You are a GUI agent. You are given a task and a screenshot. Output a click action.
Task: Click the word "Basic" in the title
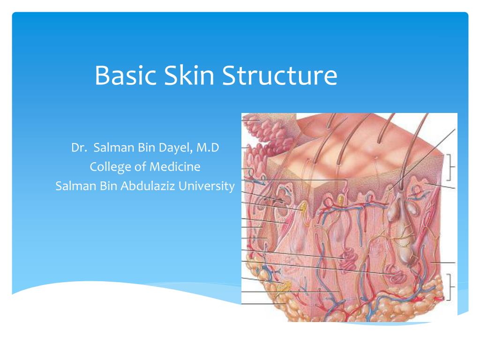pos(125,76)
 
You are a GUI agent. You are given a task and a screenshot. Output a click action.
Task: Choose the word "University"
pos(207,186)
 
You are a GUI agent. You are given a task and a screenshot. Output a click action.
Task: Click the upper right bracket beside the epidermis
pos(451,167)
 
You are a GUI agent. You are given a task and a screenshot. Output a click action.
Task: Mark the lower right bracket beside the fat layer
pos(451,287)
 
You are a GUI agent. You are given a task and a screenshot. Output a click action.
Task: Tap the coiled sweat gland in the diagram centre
pos(349,258)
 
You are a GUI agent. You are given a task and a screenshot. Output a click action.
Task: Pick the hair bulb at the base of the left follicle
pos(266,244)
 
